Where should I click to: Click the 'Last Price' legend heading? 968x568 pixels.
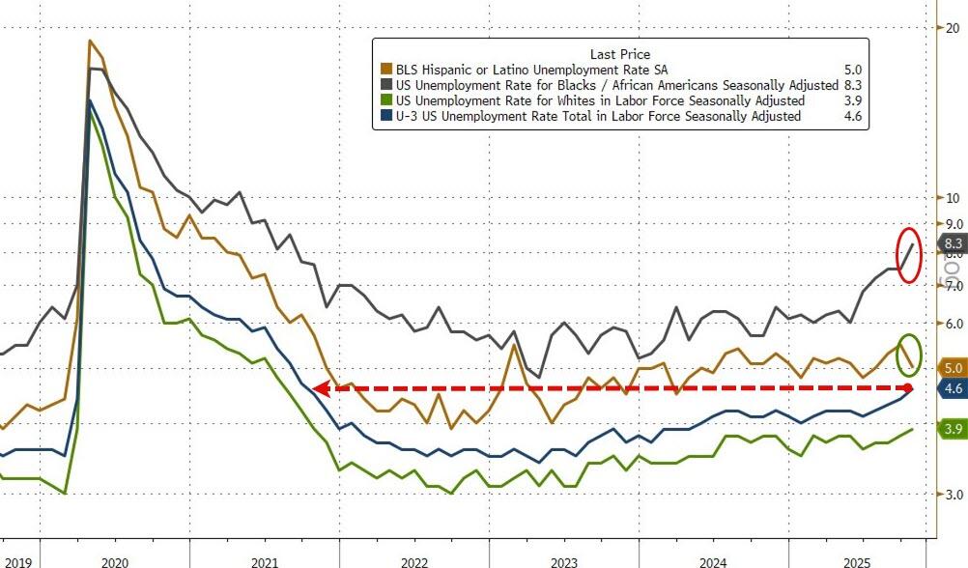pos(619,54)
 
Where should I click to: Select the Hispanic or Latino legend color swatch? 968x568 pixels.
pos(386,70)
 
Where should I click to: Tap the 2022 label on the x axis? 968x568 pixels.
pos(414,560)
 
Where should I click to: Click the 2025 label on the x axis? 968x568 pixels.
pos(858,560)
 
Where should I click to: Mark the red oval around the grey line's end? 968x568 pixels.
pos(909,255)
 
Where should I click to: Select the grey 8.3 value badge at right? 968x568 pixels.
pos(952,244)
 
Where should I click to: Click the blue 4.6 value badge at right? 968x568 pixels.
pos(952,388)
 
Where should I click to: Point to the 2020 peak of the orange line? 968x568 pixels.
pos(90,41)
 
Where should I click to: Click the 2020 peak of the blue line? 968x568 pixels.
pos(91,100)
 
